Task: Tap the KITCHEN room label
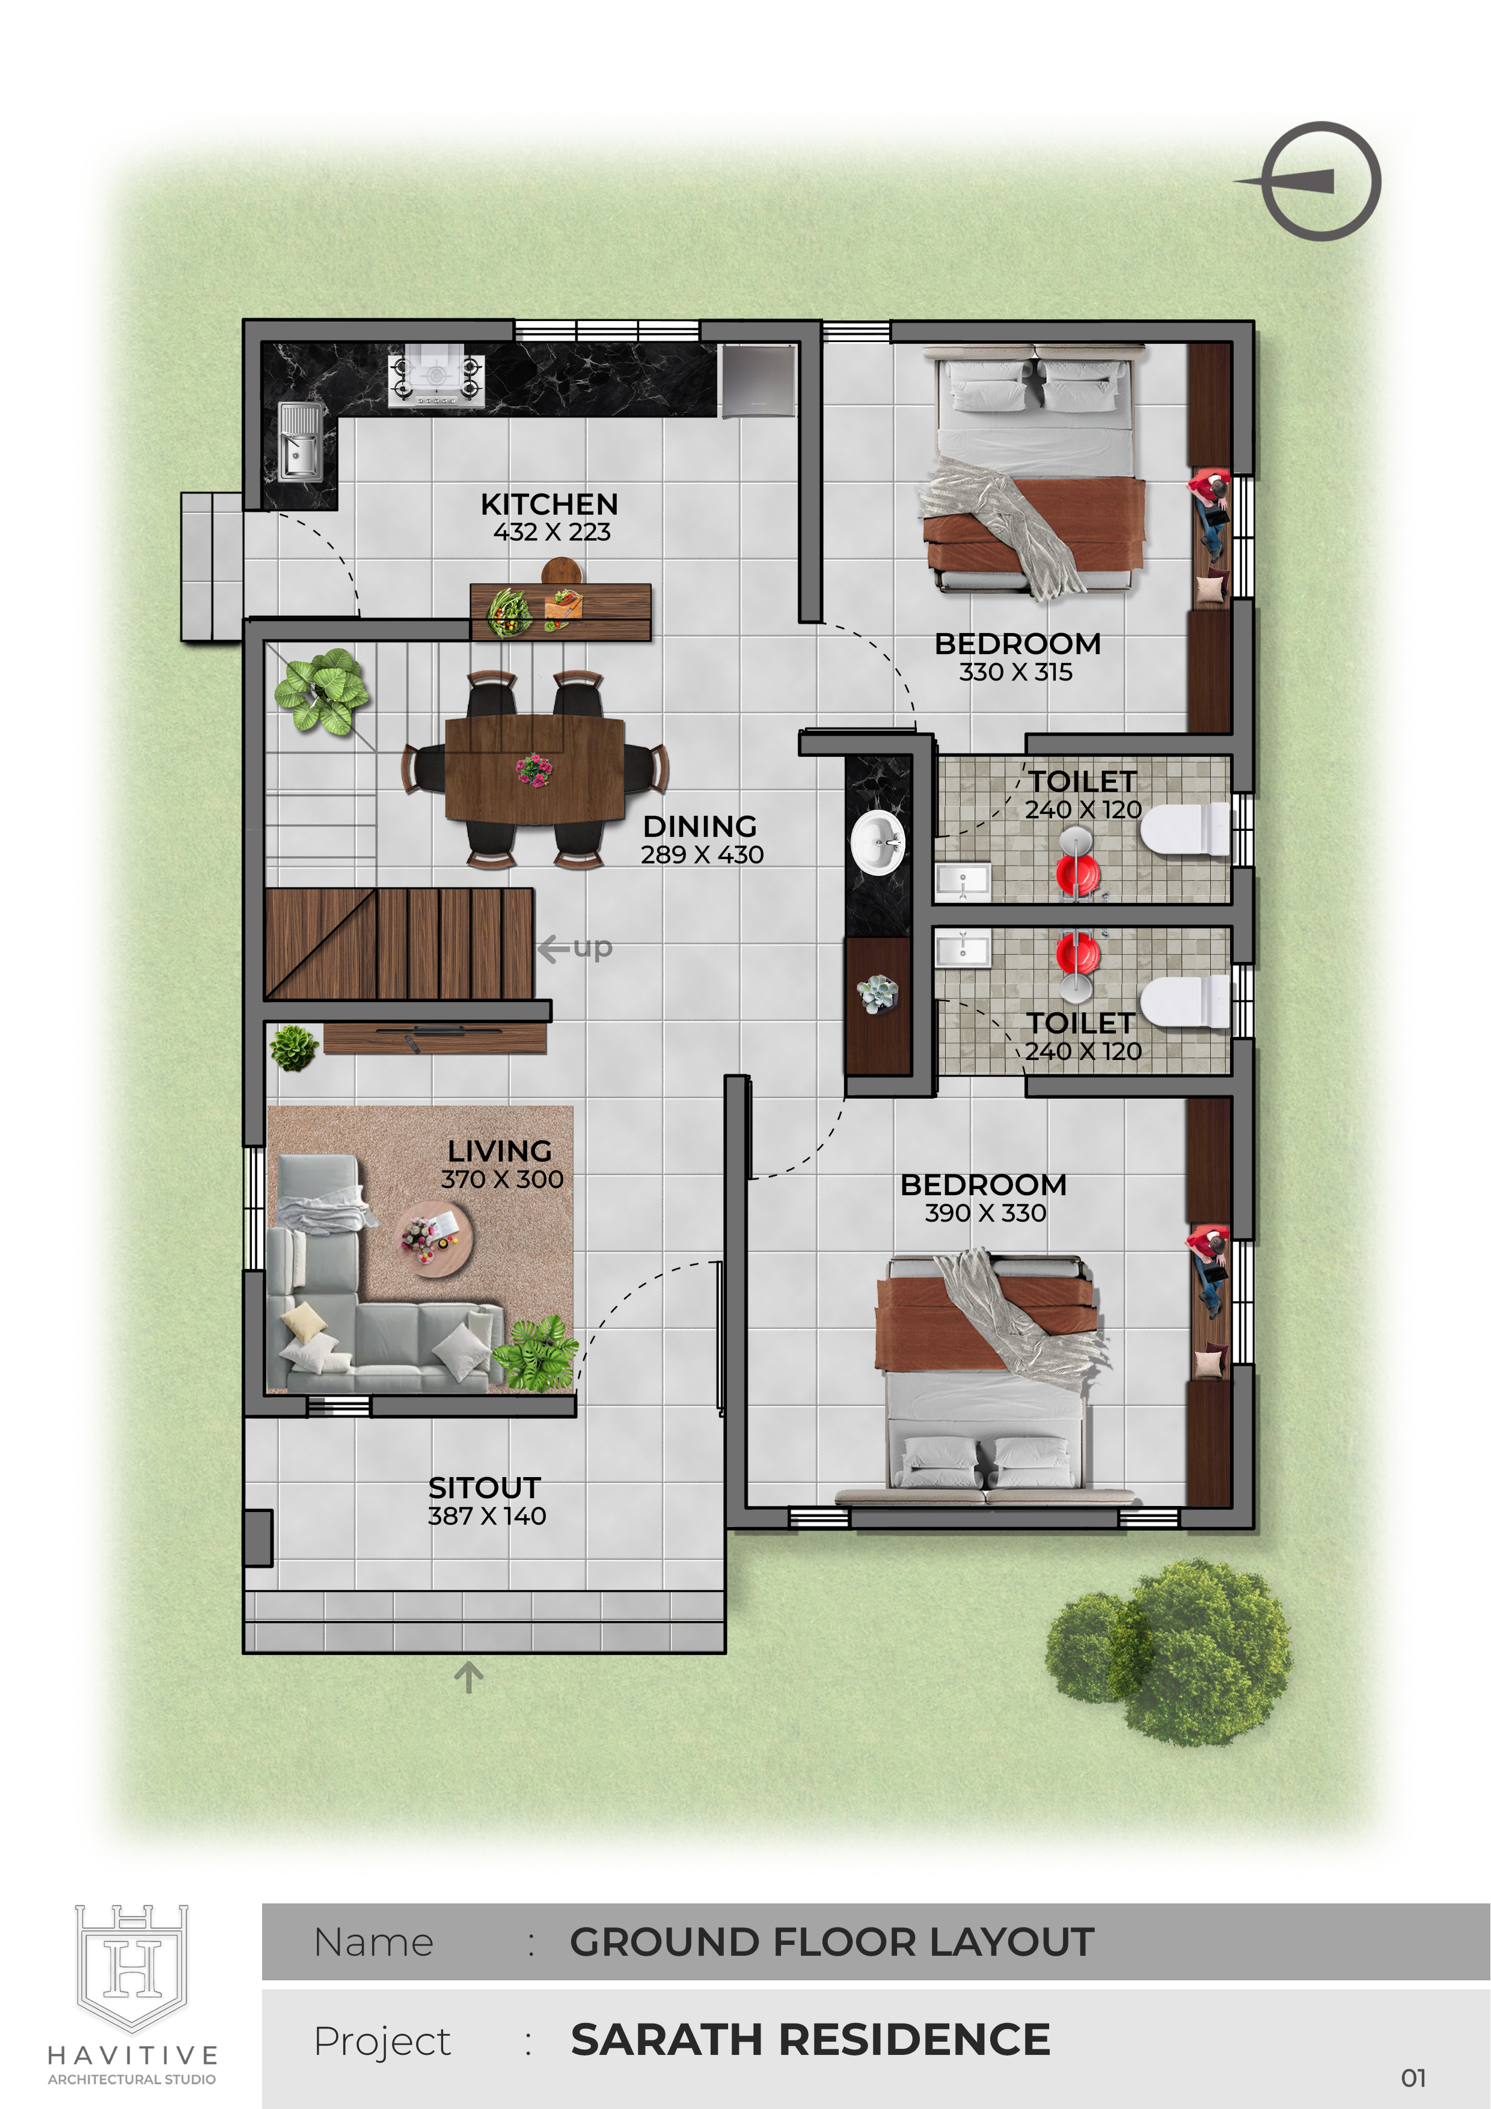coord(550,504)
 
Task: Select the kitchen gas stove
coord(435,378)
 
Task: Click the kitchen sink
coord(301,442)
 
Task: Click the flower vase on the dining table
coord(534,769)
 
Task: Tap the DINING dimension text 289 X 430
coord(702,855)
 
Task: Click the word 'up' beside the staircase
coord(593,947)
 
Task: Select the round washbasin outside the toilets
coord(877,842)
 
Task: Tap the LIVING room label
coord(500,1151)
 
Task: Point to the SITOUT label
coord(484,1487)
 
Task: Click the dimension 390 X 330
coord(985,1213)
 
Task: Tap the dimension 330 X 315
coord(1016,672)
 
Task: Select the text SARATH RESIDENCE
coord(810,2039)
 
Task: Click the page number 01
coord(1414,2078)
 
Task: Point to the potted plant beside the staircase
coord(322,691)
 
